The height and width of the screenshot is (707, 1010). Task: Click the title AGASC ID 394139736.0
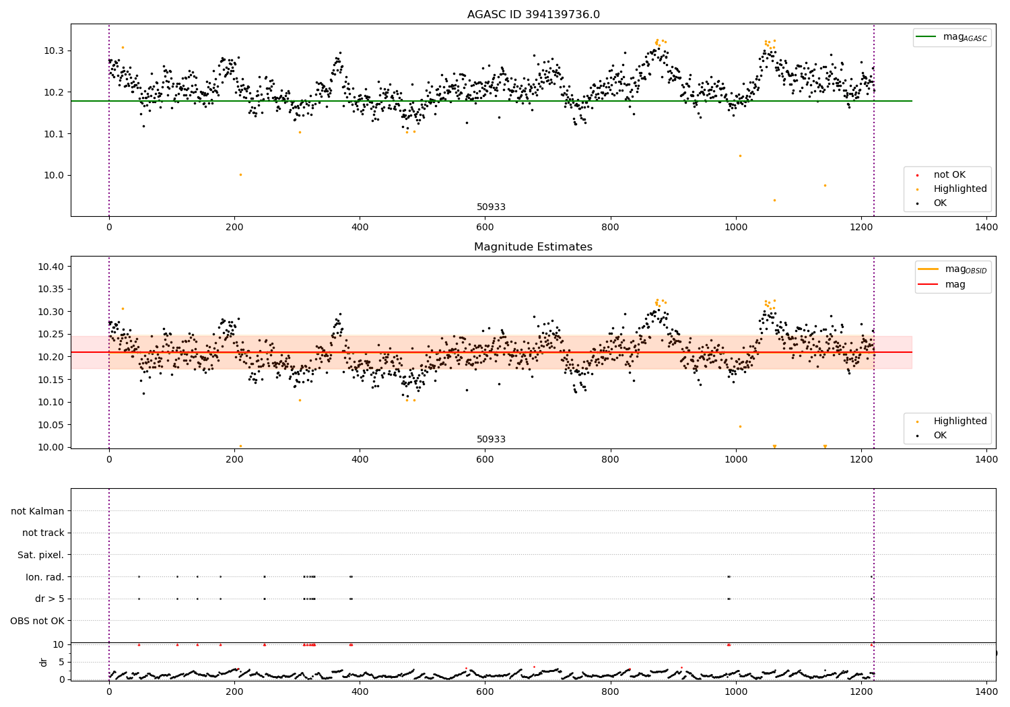click(533, 15)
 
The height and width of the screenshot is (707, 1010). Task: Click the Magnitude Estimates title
click(533, 247)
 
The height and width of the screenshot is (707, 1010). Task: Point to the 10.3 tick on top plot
click(54, 51)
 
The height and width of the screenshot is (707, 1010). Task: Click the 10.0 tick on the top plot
click(54, 176)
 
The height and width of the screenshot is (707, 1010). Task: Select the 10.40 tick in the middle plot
click(51, 267)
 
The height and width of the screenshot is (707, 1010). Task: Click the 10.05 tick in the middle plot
click(51, 425)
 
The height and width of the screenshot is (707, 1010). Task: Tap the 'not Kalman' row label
click(38, 511)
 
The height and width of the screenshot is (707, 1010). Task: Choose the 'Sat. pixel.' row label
click(40, 555)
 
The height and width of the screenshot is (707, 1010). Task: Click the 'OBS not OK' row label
click(37, 621)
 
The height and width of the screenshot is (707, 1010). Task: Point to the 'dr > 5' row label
click(49, 599)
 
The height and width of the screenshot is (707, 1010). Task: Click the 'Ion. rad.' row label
click(44, 577)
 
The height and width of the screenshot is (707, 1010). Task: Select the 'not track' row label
click(43, 533)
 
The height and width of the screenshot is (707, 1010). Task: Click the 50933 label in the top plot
click(491, 207)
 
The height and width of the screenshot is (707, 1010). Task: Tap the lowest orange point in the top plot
click(774, 200)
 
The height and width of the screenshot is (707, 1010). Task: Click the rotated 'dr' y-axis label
click(44, 662)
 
